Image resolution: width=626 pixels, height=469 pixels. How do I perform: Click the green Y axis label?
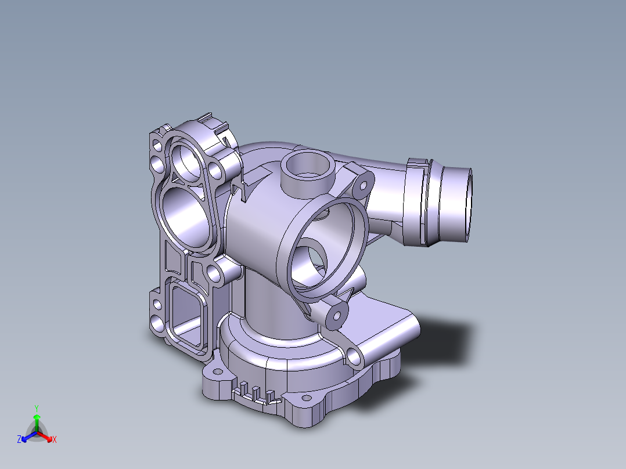[36, 407]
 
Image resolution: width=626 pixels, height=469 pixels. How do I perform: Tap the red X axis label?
[54, 440]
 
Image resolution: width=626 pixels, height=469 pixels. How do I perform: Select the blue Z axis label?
[19, 439]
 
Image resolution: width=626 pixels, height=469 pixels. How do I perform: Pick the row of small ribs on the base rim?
[256, 392]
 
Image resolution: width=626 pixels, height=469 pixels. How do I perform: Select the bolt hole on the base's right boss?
[354, 354]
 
